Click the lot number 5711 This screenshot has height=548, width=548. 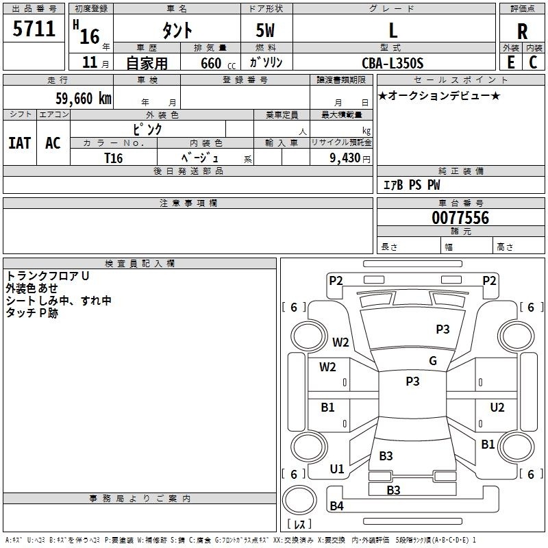click(x=34, y=28)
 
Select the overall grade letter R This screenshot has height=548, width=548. click(x=522, y=31)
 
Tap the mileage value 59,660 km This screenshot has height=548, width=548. click(x=84, y=98)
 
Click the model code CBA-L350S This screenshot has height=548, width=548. click(x=393, y=63)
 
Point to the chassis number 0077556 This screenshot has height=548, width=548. click(x=460, y=217)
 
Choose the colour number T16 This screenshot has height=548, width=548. click(x=113, y=158)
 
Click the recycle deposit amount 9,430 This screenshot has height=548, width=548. click(x=345, y=158)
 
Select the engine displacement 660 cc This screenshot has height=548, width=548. click(x=218, y=63)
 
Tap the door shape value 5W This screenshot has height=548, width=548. click(x=265, y=30)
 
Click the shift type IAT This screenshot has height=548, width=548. click(x=20, y=143)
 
